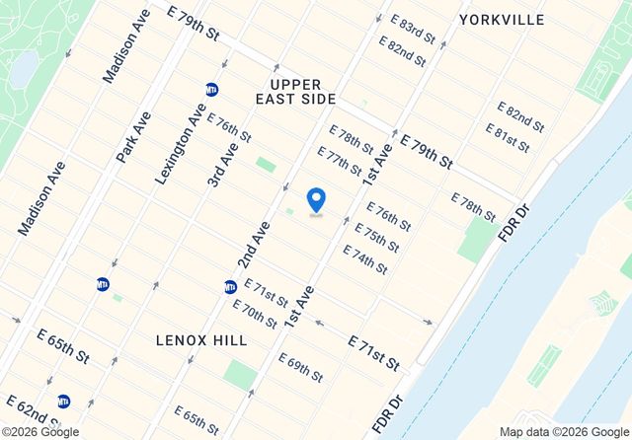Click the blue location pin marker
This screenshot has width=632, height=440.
point(316,200)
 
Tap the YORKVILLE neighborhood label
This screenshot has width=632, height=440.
point(501,20)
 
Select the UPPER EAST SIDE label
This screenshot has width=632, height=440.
point(296,92)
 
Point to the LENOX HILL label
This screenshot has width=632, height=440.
point(201,339)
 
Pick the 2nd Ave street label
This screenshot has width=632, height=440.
point(254,245)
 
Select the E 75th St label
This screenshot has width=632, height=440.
point(376,238)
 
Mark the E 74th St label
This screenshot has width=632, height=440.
point(364,259)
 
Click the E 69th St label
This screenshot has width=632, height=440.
point(300,368)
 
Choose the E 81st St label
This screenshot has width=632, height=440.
point(508,138)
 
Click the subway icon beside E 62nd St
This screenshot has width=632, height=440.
point(63,401)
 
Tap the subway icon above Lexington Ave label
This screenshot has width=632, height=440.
point(210,89)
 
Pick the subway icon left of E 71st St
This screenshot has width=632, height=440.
point(230,287)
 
